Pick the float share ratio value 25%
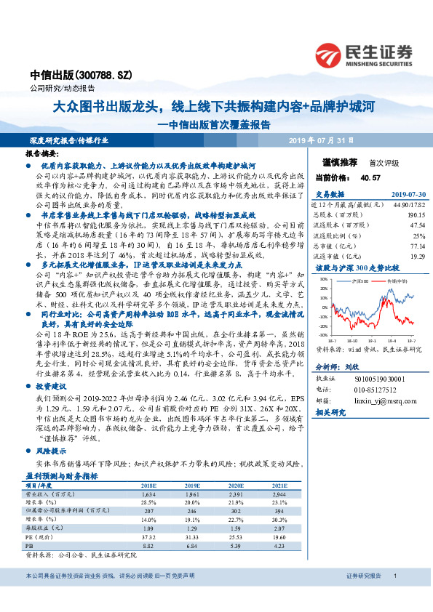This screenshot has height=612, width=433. tap(418, 236)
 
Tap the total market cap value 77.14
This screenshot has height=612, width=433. tap(416, 246)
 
